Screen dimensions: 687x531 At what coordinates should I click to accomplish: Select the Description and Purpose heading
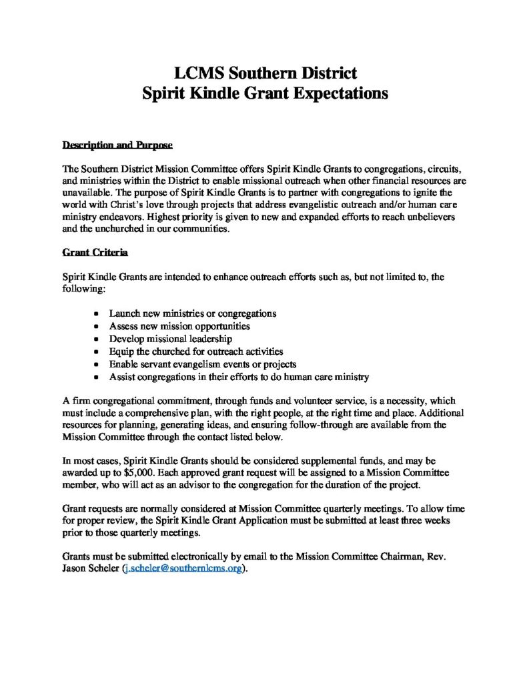click(x=117, y=145)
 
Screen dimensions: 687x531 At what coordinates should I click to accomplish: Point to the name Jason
click(x=76, y=568)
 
